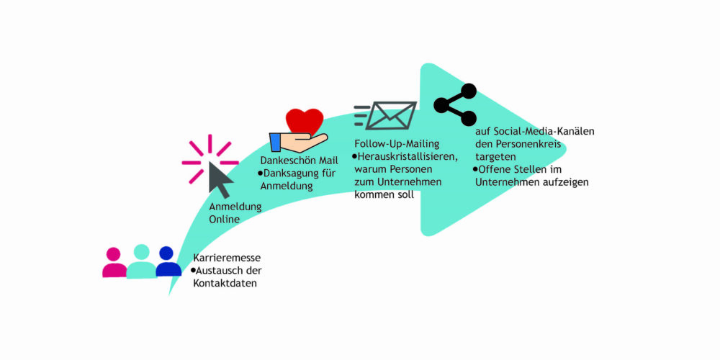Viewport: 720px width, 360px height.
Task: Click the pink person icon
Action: pos(114,262)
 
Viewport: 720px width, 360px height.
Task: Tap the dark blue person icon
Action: pos(168,261)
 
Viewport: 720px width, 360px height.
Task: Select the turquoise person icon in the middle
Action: pos(141,261)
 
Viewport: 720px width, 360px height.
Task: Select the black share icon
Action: pos(455,104)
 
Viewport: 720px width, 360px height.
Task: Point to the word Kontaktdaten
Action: pos(225,283)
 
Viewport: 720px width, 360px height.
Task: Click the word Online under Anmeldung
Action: pos(224,220)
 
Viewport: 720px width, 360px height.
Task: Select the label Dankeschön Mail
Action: pos(299,161)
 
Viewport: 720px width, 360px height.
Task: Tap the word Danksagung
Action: pos(287,174)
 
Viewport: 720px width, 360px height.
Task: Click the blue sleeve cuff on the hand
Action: pos(275,143)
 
